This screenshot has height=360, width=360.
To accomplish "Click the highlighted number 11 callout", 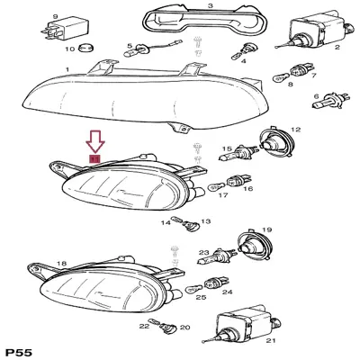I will pyautogui.click(x=94, y=158).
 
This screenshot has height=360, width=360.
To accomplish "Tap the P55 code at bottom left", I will pyautogui.click(x=19, y=348).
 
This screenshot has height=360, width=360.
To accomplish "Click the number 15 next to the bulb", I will pyautogui.click(x=228, y=149).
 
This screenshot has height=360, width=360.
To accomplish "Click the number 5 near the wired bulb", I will pyautogui.click(x=130, y=45).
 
